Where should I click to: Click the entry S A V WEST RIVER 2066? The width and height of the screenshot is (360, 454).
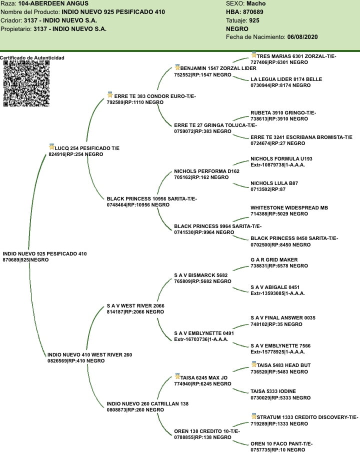pos(135,305)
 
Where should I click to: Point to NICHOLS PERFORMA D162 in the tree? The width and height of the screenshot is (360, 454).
pos(206,171)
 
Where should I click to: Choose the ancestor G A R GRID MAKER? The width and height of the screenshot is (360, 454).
pos(274,260)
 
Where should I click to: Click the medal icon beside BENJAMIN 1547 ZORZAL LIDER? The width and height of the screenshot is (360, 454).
pos(177,67)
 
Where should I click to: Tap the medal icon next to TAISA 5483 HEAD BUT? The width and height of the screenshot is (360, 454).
pos(253,364)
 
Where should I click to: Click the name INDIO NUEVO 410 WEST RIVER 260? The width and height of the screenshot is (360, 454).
pos(89,355)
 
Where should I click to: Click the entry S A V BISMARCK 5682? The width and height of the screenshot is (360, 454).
pos(200,275)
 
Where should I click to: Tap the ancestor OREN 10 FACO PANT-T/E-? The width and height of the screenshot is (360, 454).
pos(281,443)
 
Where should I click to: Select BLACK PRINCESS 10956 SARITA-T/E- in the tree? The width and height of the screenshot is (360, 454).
pos(151,199)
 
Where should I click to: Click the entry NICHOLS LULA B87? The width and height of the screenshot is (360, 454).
pos(274,183)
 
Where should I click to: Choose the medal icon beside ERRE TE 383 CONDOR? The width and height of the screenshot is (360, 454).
pos(110,94)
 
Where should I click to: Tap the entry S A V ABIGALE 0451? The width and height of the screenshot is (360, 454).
pos(275,287)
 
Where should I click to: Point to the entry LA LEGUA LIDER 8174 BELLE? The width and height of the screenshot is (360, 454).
pos(286,79)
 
